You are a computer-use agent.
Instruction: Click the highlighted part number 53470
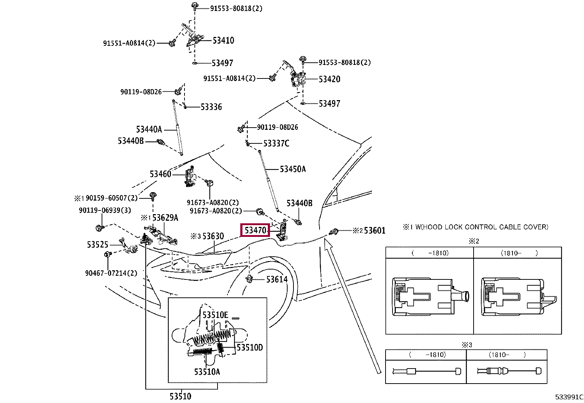(x=255, y=230)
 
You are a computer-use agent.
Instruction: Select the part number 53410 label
(x=223, y=40)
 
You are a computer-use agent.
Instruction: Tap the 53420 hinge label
(x=329, y=79)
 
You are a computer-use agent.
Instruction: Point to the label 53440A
(x=149, y=129)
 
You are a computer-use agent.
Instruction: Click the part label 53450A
(x=292, y=169)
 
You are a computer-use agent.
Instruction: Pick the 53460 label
(x=160, y=174)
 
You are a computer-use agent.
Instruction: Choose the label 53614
(x=277, y=280)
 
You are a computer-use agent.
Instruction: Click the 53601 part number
(x=374, y=231)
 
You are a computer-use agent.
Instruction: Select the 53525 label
(x=98, y=245)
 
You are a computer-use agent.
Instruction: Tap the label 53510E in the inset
(x=215, y=315)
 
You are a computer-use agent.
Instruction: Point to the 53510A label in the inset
(x=207, y=372)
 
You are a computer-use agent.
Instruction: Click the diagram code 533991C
(x=569, y=397)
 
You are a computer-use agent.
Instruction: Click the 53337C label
(x=276, y=143)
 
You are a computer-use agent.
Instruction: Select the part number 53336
(x=211, y=107)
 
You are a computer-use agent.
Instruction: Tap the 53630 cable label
(x=213, y=236)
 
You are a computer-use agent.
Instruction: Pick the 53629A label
(x=165, y=218)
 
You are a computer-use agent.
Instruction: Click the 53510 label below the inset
(x=180, y=396)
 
